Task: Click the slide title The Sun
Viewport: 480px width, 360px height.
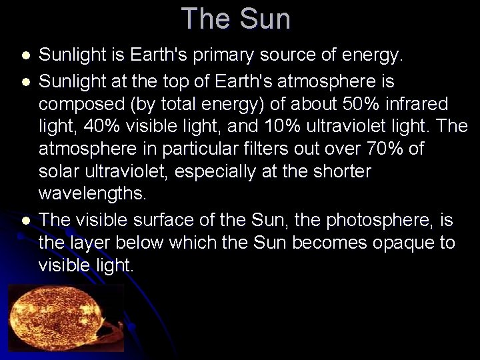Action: (x=235, y=19)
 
